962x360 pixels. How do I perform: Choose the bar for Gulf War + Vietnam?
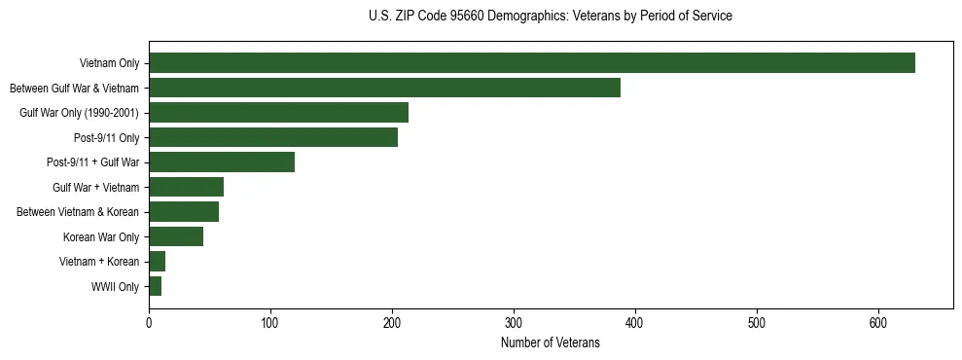point(186,187)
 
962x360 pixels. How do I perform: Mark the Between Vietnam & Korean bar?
point(184,212)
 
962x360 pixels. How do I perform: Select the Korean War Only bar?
point(176,236)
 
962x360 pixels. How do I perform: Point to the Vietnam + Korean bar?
point(158,262)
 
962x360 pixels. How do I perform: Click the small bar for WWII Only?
point(156,286)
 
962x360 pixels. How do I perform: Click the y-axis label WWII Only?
point(115,287)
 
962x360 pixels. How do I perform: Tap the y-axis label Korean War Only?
point(101,237)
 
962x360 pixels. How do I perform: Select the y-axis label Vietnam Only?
point(109,64)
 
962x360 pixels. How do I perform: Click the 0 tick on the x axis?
point(149,324)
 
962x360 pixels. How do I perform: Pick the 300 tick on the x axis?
point(514,324)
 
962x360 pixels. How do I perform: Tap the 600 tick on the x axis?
point(878,324)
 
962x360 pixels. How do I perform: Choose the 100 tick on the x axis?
point(270,324)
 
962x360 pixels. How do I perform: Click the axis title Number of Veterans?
point(550,343)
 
